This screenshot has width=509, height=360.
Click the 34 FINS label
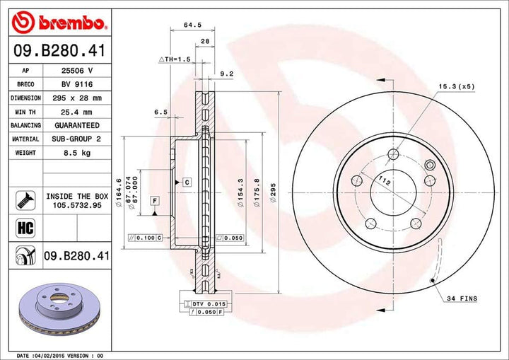(462, 298)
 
